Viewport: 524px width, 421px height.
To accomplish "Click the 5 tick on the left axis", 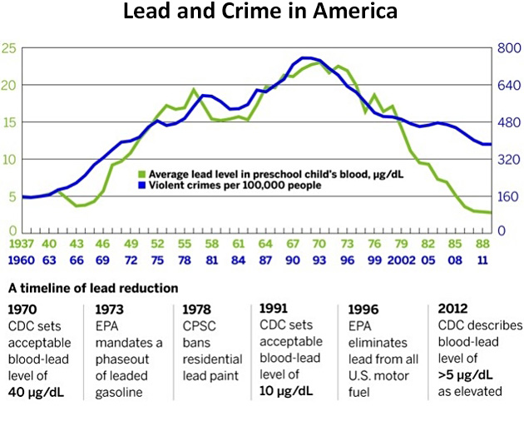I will [x=11, y=196].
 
